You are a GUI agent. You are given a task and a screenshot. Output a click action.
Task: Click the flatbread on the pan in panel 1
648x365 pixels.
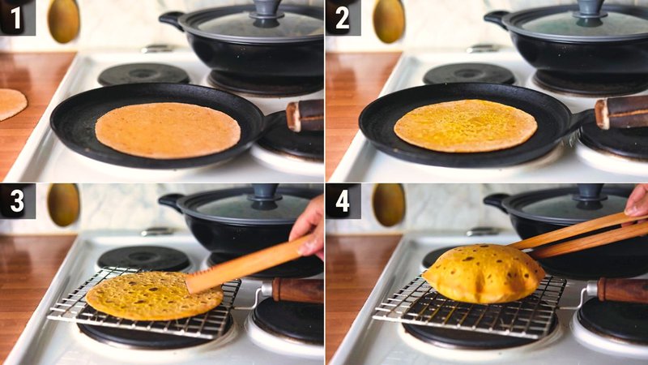tap(168, 129)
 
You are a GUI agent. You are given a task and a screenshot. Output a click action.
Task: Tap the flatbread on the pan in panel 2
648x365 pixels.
tap(466, 126)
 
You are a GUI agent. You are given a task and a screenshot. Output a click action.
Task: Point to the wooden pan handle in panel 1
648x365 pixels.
tap(305, 116)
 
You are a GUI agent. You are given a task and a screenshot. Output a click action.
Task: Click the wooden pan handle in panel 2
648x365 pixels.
tap(621, 113)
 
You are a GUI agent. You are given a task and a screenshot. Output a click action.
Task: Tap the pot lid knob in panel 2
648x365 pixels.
tap(589, 9)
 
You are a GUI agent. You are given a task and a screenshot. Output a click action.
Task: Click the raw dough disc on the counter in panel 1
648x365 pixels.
tap(11, 103)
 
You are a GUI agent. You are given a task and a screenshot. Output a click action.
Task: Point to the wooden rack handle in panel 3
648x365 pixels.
tap(296, 290)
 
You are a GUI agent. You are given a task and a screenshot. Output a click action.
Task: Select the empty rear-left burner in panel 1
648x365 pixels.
tap(143, 75)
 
